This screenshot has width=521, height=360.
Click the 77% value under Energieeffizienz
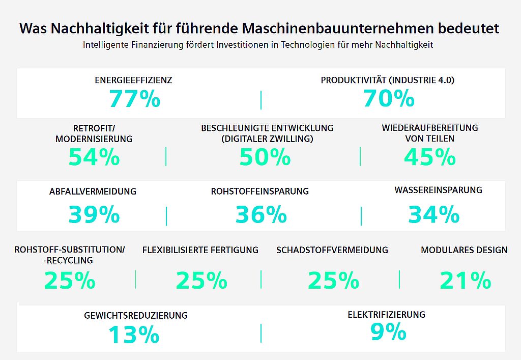click(x=134, y=99)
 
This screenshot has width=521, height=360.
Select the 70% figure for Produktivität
click(x=389, y=99)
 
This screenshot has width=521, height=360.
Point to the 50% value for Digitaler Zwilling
click(x=265, y=157)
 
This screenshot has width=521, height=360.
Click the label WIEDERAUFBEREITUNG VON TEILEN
click(x=430, y=133)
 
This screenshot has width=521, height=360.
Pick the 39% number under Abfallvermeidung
click(x=94, y=215)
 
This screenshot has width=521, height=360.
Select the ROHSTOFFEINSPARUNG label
click(x=260, y=191)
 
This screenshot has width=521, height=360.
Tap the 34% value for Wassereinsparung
click(x=433, y=215)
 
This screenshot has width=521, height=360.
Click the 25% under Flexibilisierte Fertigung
click(x=201, y=281)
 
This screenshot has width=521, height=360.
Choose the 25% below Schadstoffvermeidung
click(x=333, y=281)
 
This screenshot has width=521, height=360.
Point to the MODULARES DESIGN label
click(x=464, y=250)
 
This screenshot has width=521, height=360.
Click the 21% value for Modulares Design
click(x=465, y=281)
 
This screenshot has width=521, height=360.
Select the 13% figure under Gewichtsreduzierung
click(x=134, y=335)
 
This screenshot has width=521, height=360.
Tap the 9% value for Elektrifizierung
click(x=388, y=332)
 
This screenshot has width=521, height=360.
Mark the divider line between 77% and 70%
click(x=261, y=100)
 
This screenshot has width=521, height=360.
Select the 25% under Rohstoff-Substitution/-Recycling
click(x=70, y=281)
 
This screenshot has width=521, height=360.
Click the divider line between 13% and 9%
click(x=261, y=333)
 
